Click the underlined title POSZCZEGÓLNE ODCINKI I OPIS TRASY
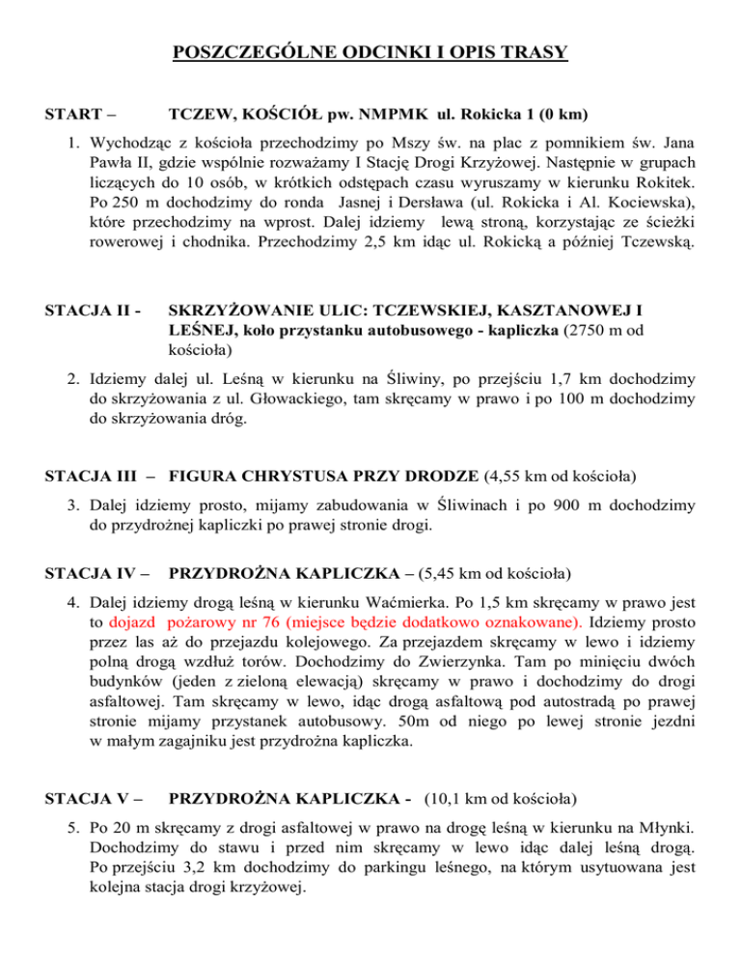click(x=370, y=51)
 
